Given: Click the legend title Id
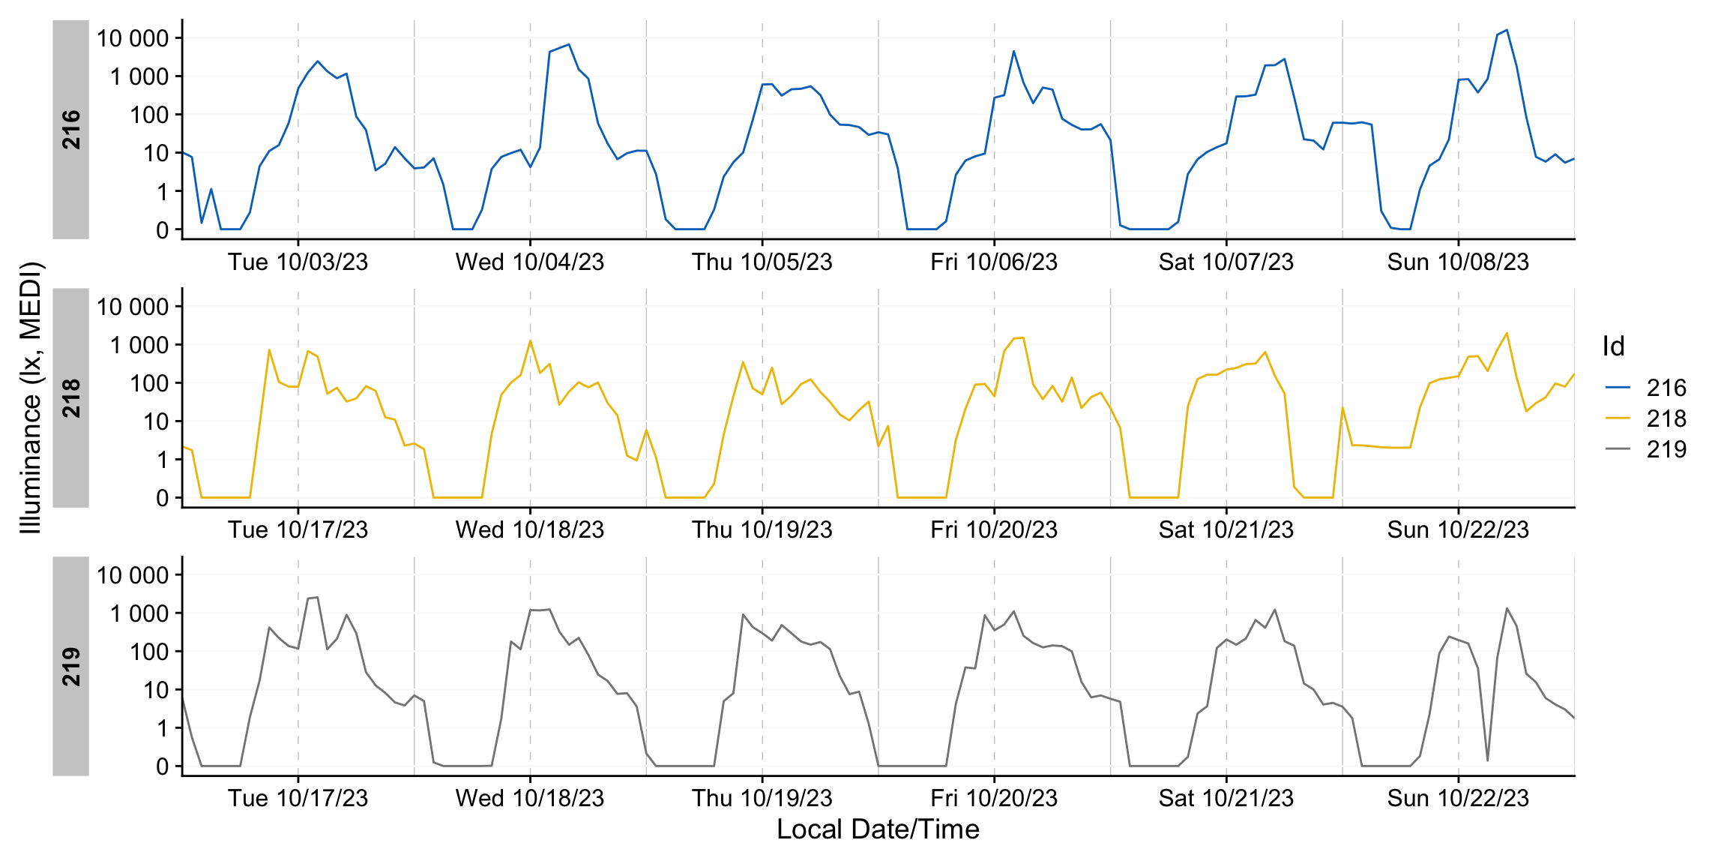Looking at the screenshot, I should coord(1613,346).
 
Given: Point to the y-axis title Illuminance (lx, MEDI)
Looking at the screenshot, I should coord(31,397).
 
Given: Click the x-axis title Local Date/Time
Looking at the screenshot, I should coord(878,829).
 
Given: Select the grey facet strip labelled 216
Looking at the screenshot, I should coord(71,129).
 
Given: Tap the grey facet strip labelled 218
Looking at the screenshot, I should coord(71,397).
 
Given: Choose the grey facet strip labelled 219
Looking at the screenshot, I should coord(71,666).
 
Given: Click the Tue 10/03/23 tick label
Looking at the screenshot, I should coord(298,262).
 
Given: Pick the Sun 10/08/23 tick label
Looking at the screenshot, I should coord(1458,262).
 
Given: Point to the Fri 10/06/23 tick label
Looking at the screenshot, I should coord(994,262).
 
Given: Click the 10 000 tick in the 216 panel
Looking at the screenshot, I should coord(133,38).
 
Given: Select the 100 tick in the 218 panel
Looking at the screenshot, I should coord(149,383).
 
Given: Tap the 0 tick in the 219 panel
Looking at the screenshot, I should coord(162,766).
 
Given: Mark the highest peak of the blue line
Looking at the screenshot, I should coord(1507,30).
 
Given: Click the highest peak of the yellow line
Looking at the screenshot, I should coord(1507,333).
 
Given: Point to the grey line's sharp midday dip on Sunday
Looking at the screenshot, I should coord(1487,760).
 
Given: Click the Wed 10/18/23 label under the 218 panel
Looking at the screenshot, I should coord(530,530).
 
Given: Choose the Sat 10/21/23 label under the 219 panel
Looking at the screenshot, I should coord(1226,798).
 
